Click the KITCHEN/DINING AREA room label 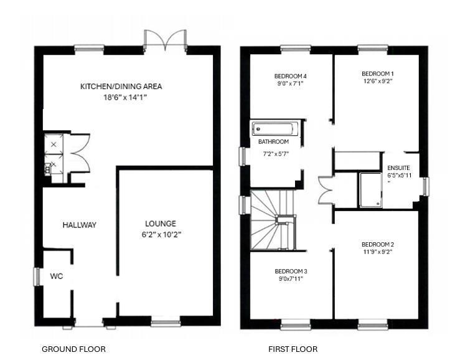[121, 86]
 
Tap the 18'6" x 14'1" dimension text [125, 97]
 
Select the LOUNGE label [161, 224]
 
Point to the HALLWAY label [80, 225]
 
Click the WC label [56, 276]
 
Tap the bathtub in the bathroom [274, 128]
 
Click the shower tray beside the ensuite [371, 190]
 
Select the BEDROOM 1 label [378, 73]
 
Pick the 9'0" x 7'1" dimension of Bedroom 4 [291, 83]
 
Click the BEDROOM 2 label [378, 244]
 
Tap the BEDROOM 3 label [291, 272]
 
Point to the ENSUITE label [398, 168]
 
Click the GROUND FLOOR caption [73, 349]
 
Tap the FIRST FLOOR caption [293, 349]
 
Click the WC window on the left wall [37, 277]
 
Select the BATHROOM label [274, 142]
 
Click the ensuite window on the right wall [426, 186]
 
